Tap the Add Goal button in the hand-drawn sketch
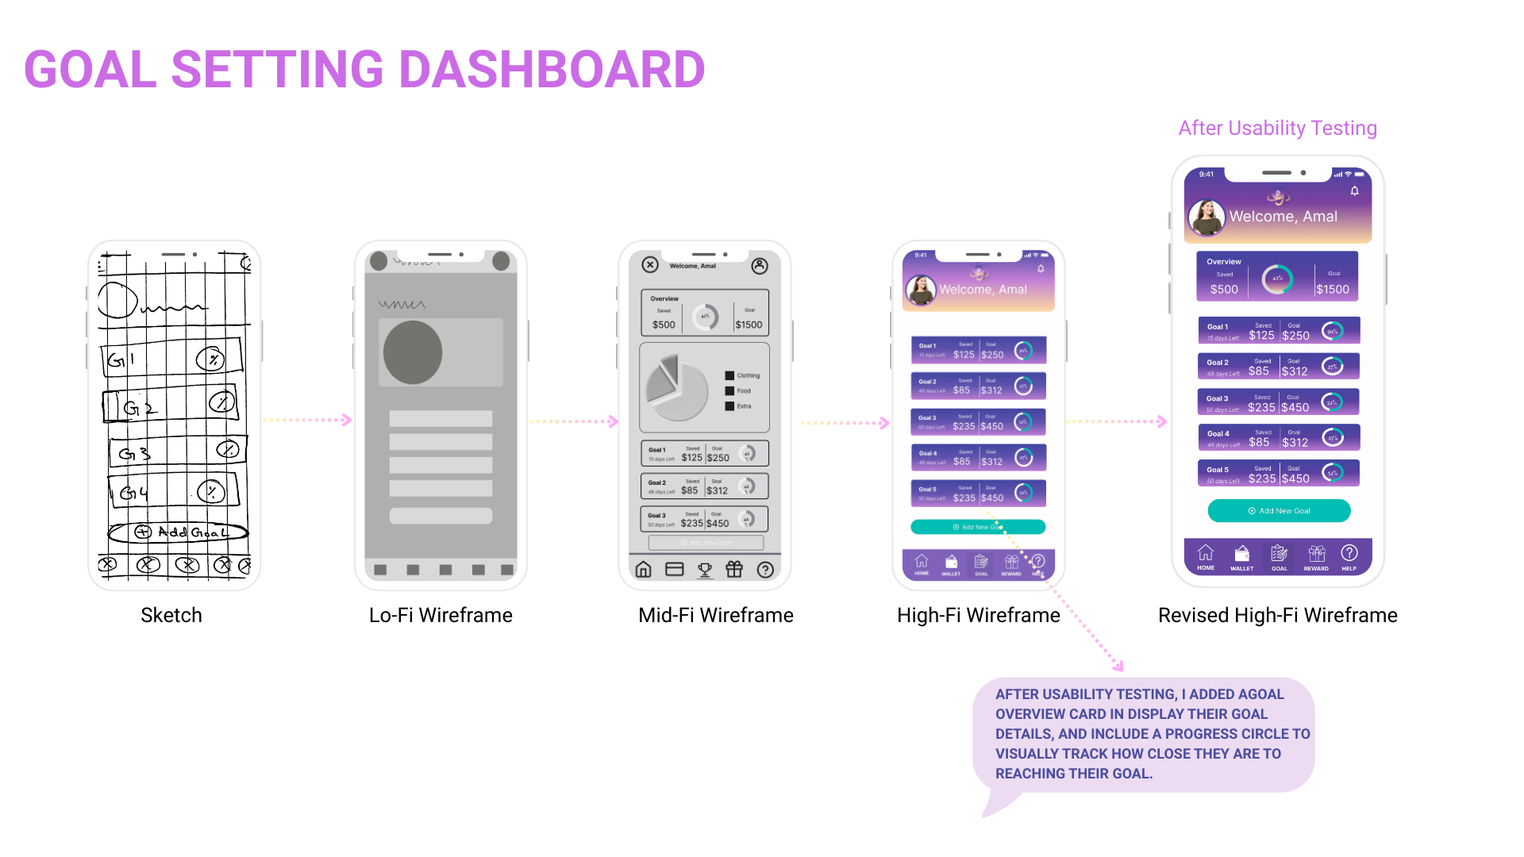click(x=179, y=532)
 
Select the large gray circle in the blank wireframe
click(x=413, y=352)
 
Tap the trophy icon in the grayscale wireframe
click(x=704, y=570)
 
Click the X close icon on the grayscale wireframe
click(x=650, y=265)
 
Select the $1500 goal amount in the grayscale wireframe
click(x=749, y=325)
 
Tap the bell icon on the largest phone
click(x=1355, y=191)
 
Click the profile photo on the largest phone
click(x=1206, y=217)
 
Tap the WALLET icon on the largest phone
click(x=1242, y=554)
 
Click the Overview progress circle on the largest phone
click(x=1278, y=279)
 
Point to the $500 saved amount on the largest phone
click(x=1224, y=290)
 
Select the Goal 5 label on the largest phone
click(x=1218, y=470)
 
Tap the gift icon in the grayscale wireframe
click(x=734, y=569)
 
